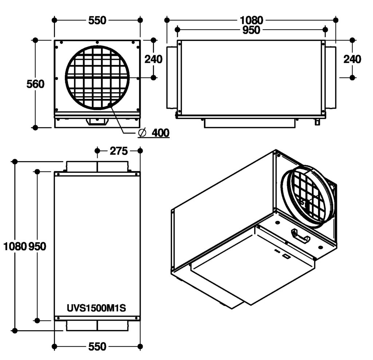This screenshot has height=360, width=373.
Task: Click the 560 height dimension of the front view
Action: click(x=35, y=84)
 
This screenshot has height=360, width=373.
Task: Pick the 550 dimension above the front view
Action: click(x=97, y=20)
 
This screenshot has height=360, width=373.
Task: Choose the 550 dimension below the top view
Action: click(x=97, y=346)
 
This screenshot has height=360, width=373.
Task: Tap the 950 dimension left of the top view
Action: click(x=37, y=246)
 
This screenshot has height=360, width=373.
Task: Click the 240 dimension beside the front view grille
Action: click(x=153, y=59)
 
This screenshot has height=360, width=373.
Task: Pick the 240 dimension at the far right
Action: click(x=352, y=59)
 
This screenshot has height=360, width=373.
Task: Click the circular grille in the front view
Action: click(x=97, y=77)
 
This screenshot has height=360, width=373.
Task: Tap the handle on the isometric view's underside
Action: click(x=300, y=236)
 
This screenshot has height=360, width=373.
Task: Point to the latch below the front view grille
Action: click(x=97, y=121)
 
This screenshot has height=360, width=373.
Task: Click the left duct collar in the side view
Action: click(x=171, y=77)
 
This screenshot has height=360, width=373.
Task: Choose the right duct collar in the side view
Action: click(x=330, y=77)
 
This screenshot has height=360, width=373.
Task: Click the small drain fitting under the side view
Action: click(x=317, y=122)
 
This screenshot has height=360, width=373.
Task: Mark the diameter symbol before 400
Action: click(x=142, y=133)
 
